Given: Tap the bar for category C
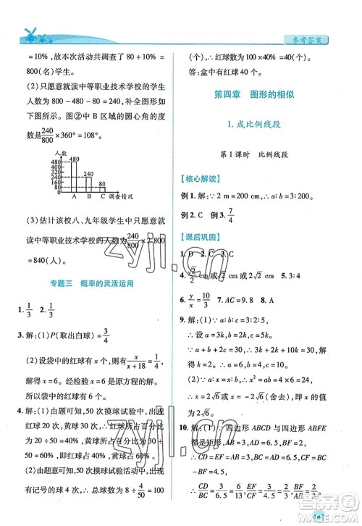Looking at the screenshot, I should tap(103, 187).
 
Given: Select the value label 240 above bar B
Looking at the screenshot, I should tap(90, 173).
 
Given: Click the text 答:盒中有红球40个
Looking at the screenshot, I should tap(233, 72).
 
